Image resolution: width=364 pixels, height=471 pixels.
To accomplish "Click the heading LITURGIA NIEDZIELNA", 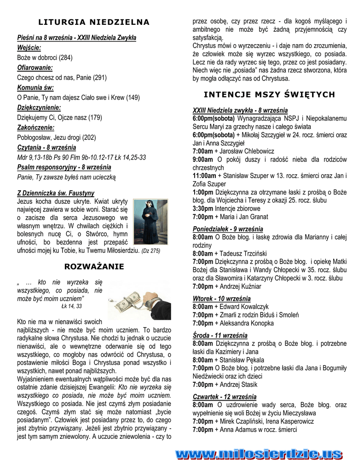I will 94,22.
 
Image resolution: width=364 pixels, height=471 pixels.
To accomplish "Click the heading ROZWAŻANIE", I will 94,266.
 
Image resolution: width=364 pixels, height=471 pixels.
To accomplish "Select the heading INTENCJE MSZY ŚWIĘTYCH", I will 269,95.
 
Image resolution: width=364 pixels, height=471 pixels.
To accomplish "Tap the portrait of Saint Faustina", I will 150,222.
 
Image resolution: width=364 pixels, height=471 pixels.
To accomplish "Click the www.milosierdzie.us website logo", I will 259,455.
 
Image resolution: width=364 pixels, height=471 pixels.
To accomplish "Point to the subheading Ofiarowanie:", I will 35,68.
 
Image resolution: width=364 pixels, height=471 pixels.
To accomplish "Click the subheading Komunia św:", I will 35,87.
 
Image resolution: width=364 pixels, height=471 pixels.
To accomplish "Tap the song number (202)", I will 89,137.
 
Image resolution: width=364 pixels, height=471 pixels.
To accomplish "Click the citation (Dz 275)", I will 150,251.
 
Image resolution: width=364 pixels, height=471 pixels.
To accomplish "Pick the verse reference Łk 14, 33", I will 71,306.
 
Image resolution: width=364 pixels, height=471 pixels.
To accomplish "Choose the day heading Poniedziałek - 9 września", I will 228,229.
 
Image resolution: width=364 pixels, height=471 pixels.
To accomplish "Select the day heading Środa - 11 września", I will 220,335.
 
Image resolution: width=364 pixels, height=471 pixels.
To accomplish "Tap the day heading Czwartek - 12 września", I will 225,396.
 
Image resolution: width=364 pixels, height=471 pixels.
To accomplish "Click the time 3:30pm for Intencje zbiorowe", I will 203,208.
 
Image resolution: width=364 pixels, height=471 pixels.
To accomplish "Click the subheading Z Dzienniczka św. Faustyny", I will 56,193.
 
